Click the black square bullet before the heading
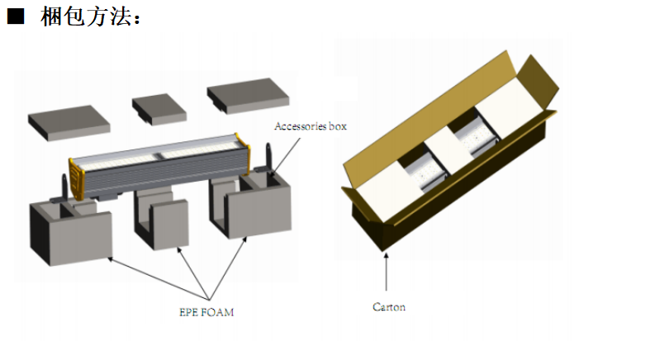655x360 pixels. [16, 17]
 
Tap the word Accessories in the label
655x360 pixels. [300, 126]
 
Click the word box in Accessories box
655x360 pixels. [337, 126]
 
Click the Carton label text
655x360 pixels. [388, 307]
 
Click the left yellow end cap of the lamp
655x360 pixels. [78, 181]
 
